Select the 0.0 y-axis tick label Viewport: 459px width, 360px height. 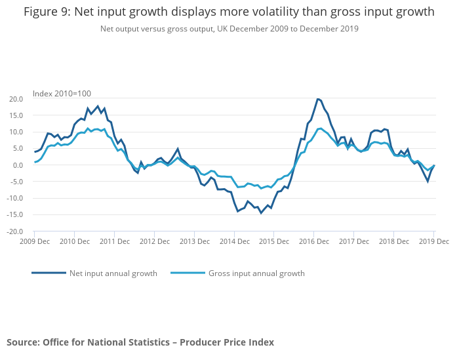click(x=17, y=165)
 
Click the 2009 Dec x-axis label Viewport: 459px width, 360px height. click(x=34, y=241)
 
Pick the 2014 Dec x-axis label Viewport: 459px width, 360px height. click(x=234, y=241)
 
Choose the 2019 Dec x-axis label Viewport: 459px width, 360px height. click(x=433, y=241)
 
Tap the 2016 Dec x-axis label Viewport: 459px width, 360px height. click(x=314, y=241)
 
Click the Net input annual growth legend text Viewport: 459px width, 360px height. click(x=113, y=273)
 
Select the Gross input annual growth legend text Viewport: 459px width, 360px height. click(x=256, y=273)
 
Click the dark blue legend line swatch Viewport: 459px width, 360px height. click(x=49, y=273)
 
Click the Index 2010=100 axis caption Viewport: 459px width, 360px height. click(x=62, y=94)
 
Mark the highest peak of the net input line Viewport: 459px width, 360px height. click(x=317, y=99)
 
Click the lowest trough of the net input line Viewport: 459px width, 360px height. click(x=261, y=213)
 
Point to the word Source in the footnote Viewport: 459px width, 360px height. click(x=22, y=342)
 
